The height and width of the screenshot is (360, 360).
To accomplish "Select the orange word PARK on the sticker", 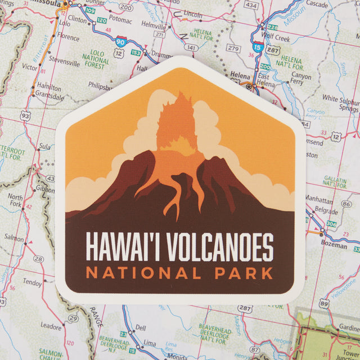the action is pyautogui.click(x=247, y=274).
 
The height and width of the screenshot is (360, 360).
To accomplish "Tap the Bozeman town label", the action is pyautogui.click(x=334, y=245).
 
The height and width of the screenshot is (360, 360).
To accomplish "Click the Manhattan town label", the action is pyautogui.click(x=319, y=199).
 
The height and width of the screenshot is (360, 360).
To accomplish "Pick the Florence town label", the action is pyautogui.click(x=68, y=37).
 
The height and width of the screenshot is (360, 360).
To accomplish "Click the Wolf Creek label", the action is pyautogui.click(x=276, y=39).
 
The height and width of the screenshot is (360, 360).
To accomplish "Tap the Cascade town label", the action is pyautogui.click(x=317, y=4).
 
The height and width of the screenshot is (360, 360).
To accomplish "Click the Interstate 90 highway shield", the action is pyautogui.click(x=120, y=40).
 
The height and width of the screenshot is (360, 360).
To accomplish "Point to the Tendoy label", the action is pyautogui.click(x=32, y=282).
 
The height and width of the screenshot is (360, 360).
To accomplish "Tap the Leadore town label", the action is pyautogui.click(x=51, y=326).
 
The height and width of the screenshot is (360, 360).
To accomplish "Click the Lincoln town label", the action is pyautogui.click(x=192, y=13).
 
